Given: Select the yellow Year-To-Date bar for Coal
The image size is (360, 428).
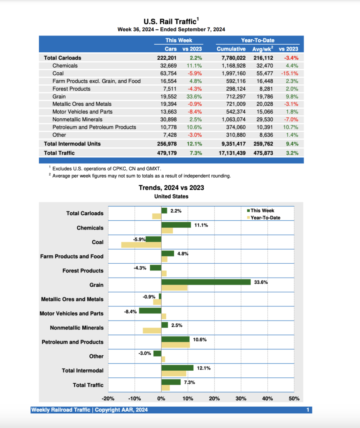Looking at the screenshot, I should click(x=141, y=245).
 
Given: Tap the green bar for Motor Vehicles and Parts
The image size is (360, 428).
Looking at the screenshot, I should click(x=150, y=311).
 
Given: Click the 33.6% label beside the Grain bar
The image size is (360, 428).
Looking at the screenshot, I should click(x=261, y=282).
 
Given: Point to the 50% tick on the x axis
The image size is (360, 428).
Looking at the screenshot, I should click(x=294, y=399).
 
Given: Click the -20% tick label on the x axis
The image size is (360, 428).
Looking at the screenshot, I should click(x=108, y=399).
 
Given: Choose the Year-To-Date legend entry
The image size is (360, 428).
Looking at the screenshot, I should click(x=265, y=218).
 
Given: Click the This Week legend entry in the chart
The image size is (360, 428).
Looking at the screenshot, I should click(x=262, y=211).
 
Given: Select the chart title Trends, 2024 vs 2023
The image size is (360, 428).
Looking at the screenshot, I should click(x=171, y=188).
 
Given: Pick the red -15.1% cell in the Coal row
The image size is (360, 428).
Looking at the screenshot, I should click(x=289, y=74).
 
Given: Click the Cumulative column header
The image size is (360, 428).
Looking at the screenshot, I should click(x=231, y=49).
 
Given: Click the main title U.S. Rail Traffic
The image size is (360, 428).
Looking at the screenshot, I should click(x=170, y=22).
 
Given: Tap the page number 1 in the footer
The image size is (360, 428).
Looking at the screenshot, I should click(x=308, y=410).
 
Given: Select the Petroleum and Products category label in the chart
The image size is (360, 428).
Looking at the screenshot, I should click(x=72, y=342).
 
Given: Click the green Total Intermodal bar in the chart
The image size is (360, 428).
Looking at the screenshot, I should click(x=177, y=368).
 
